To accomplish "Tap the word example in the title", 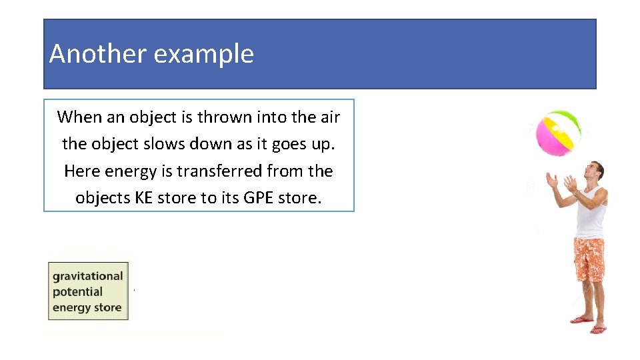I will point(203,55).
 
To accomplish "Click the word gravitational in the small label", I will point(88,276).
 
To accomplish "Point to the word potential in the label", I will point(77,292).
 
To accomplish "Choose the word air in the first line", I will point(330,117).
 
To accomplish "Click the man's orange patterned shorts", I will point(589,259).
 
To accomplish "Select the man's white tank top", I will point(591,213).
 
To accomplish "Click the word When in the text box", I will point(79,117).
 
